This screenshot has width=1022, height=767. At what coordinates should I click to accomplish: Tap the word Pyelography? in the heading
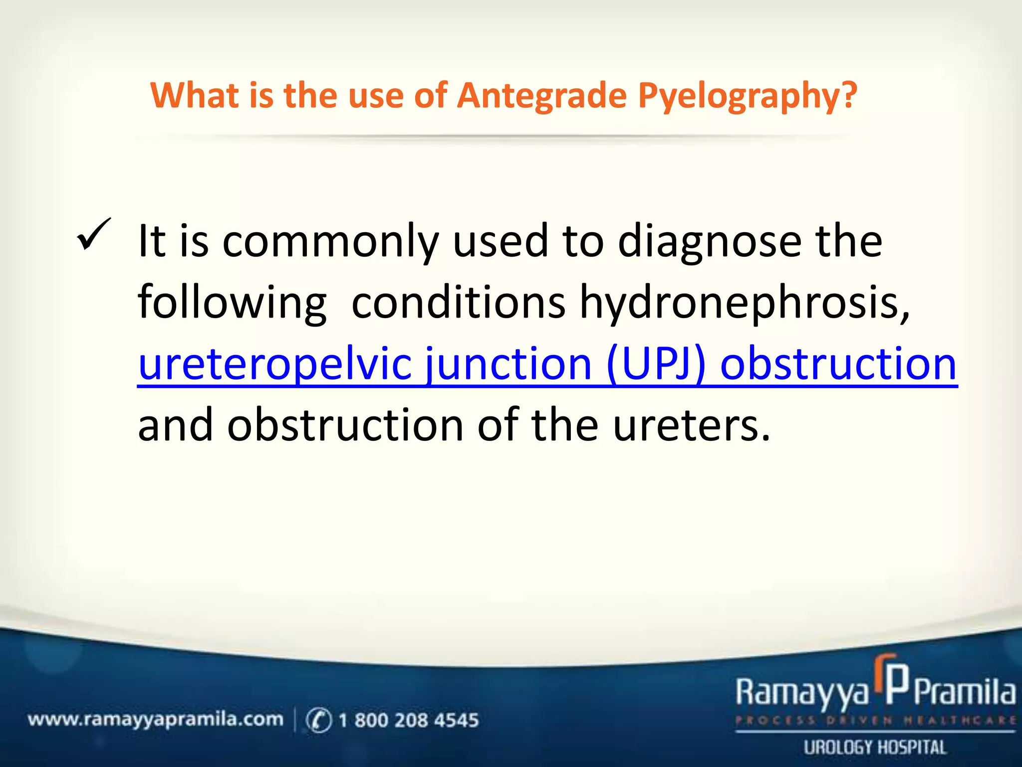[x=748, y=96]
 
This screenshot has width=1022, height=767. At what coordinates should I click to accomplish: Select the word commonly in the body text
[x=330, y=242]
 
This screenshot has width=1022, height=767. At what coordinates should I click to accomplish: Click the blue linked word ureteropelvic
[x=275, y=365]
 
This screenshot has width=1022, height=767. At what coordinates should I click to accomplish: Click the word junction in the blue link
[x=509, y=365]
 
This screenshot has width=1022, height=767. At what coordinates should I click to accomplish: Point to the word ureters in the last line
[x=691, y=425]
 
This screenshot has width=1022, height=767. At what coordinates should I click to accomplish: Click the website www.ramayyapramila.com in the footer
[x=155, y=720]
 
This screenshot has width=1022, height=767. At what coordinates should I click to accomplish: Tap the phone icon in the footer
[x=318, y=720]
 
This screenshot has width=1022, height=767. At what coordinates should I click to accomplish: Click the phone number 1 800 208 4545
[x=408, y=720]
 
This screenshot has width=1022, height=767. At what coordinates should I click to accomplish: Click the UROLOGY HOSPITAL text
[x=875, y=748]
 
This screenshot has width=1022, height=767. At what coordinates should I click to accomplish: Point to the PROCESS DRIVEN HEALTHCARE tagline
[x=875, y=721]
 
